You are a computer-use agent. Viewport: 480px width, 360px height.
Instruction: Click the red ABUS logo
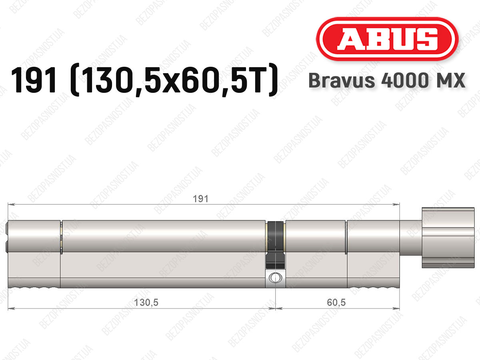point(387,39)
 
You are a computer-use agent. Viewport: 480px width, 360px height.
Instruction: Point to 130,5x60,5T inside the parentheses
point(174,80)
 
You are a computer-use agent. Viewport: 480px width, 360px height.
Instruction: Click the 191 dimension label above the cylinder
point(200,199)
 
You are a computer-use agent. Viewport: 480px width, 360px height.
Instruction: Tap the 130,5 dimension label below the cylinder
point(146,303)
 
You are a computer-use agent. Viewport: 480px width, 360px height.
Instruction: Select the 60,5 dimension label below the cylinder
point(336,303)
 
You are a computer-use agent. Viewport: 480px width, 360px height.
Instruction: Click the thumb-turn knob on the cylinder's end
point(448,238)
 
